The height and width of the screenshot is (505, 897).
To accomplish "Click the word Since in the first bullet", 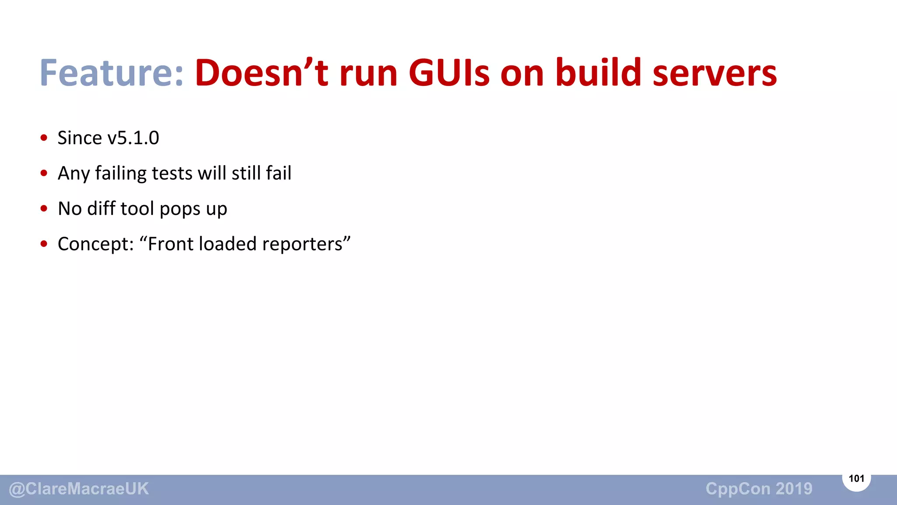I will (80, 138).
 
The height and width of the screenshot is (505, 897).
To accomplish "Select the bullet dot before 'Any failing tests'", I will (44, 173).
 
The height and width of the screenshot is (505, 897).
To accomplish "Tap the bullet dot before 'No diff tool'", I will (44, 209).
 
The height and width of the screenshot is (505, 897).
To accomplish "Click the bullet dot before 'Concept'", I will (44, 244).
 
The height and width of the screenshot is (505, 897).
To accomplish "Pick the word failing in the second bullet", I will (121, 174).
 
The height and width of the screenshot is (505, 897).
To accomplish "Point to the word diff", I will (101, 209).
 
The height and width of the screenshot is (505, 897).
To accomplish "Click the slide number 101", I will (856, 479).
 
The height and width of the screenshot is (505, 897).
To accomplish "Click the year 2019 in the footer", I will (794, 489).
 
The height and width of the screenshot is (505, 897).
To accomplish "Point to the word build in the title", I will (598, 73).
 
